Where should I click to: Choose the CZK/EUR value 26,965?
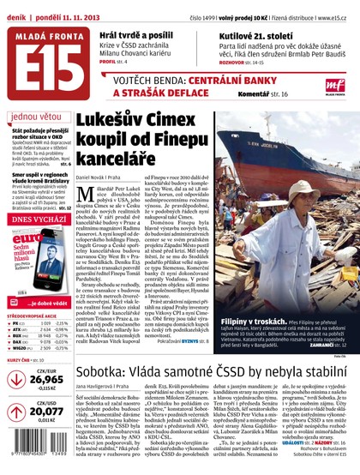click(x=46, y=378)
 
